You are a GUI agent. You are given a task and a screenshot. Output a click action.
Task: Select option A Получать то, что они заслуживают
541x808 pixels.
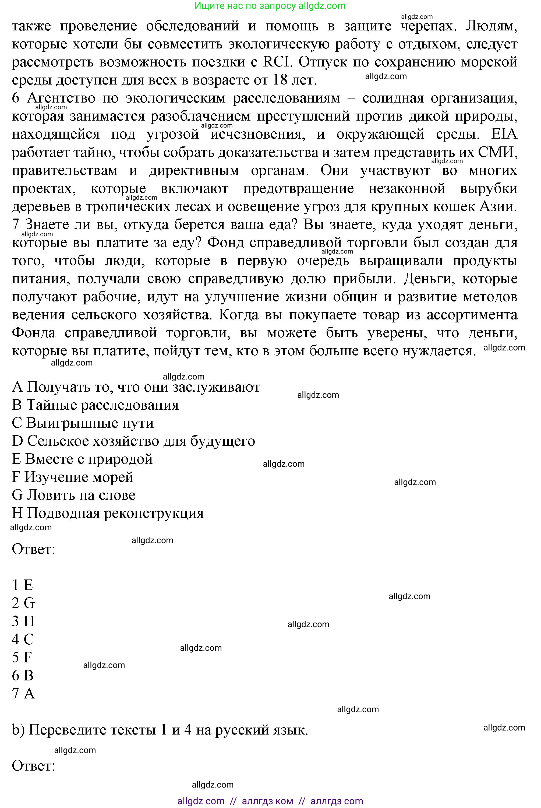[136, 387]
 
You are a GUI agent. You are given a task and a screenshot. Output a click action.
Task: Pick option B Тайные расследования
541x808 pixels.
[95, 405]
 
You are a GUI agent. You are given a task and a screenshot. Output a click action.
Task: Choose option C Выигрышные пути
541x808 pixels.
[83, 423]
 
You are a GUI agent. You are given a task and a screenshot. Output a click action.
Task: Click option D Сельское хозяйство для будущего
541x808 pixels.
[133, 441]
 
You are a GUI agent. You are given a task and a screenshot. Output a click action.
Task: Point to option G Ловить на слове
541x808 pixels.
[73, 495]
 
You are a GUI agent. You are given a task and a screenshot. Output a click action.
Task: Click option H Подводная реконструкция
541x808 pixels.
[108, 513]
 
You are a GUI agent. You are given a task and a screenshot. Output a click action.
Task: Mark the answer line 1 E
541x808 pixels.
[22, 585]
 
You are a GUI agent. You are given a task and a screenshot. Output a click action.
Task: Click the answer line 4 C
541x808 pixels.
[23, 639]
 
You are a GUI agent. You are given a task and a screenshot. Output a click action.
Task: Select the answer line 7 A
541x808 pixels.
[23, 693]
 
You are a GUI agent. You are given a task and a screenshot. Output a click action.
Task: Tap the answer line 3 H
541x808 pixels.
[23, 621]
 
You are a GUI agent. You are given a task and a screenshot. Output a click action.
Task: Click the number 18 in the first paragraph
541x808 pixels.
[280, 80]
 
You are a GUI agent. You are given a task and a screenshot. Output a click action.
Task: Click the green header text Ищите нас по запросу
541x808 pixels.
[245, 6]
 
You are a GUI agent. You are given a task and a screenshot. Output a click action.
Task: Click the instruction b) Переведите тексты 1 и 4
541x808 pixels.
[160, 730]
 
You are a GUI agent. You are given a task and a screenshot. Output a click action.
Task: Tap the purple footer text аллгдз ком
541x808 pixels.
[267, 801]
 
